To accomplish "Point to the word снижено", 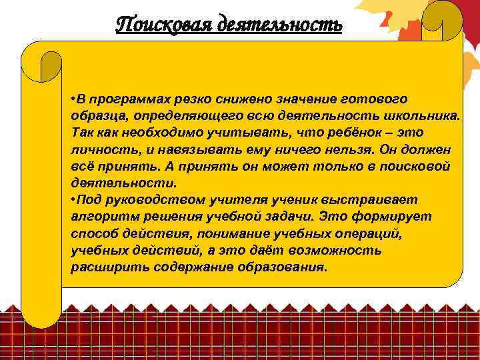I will [x=230, y=99].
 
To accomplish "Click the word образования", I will [x=287, y=267].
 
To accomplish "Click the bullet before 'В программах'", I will [x=73, y=100].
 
